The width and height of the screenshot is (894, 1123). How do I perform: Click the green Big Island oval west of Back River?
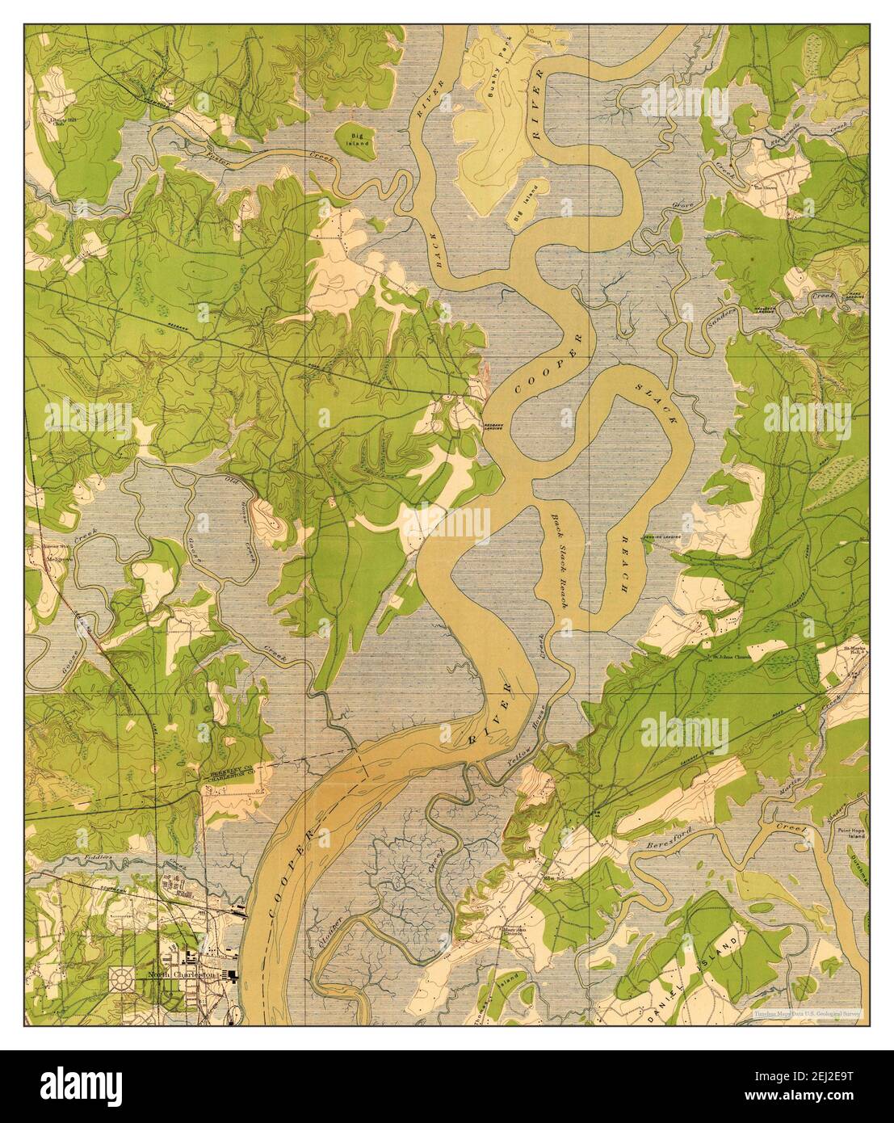[x=354, y=138]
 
